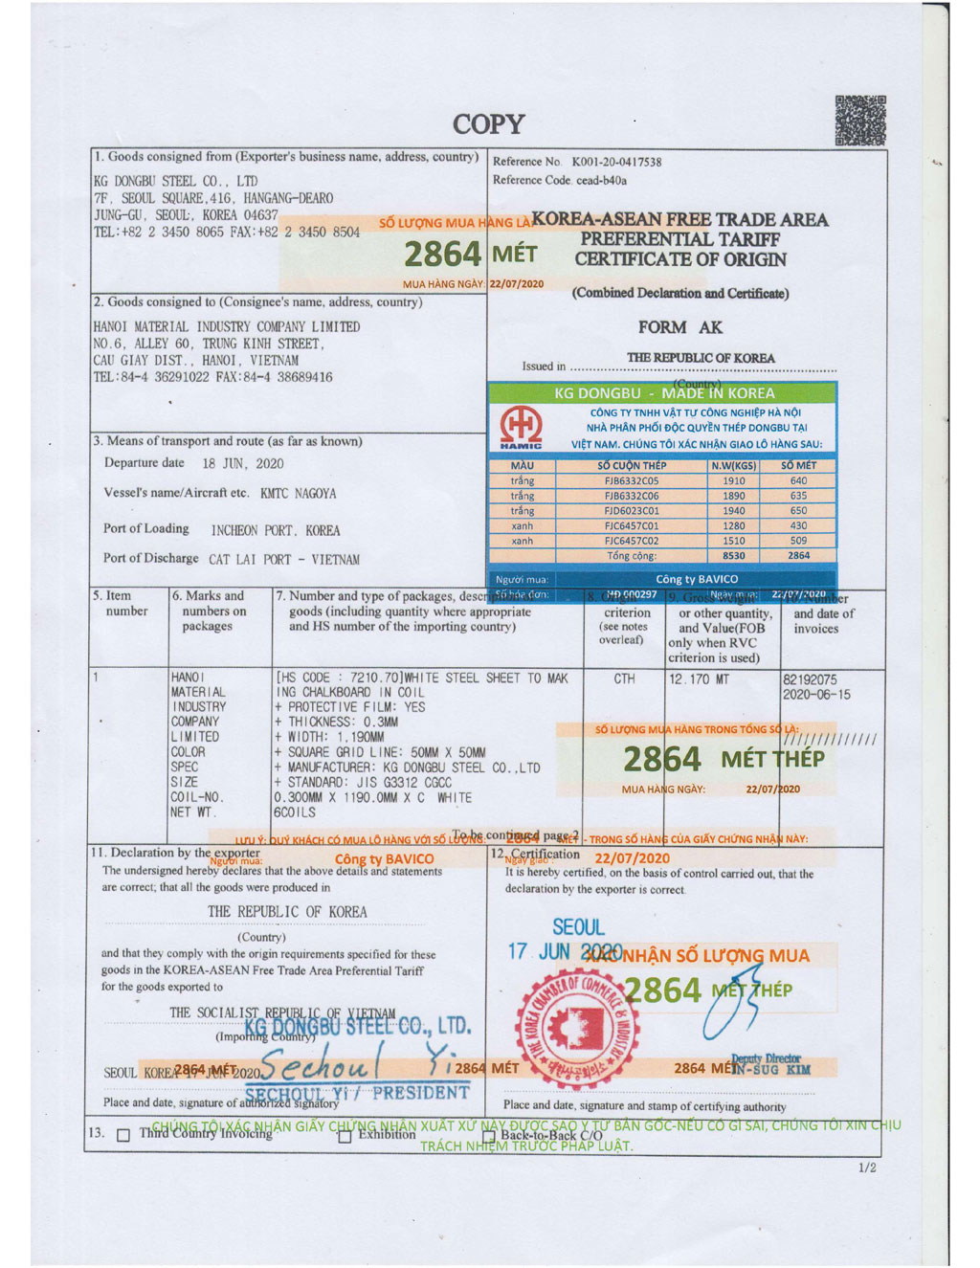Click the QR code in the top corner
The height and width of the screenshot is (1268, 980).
click(859, 121)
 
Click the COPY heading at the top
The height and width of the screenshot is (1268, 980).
click(488, 124)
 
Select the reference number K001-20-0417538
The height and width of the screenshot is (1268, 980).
click(616, 163)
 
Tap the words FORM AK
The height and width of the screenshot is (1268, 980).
click(680, 327)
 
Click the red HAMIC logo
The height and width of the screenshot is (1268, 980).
click(521, 426)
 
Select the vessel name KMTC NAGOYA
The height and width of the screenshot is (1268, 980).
click(298, 494)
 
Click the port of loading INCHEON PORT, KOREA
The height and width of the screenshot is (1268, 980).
click(276, 530)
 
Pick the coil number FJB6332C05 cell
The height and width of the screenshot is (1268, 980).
click(632, 480)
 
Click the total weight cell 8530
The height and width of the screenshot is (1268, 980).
click(733, 556)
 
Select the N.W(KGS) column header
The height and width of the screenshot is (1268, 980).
click(733, 466)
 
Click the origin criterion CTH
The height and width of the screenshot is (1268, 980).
click(624, 678)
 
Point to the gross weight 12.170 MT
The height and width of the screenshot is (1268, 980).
click(699, 679)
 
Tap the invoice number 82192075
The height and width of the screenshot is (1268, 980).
click(810, 679)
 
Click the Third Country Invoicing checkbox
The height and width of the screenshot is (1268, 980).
click(122, 1135)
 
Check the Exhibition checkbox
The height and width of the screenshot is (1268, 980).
click(345, 1136)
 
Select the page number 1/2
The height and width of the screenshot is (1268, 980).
click(867, 1168)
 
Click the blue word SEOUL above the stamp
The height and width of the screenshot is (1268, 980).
click(578, 927)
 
